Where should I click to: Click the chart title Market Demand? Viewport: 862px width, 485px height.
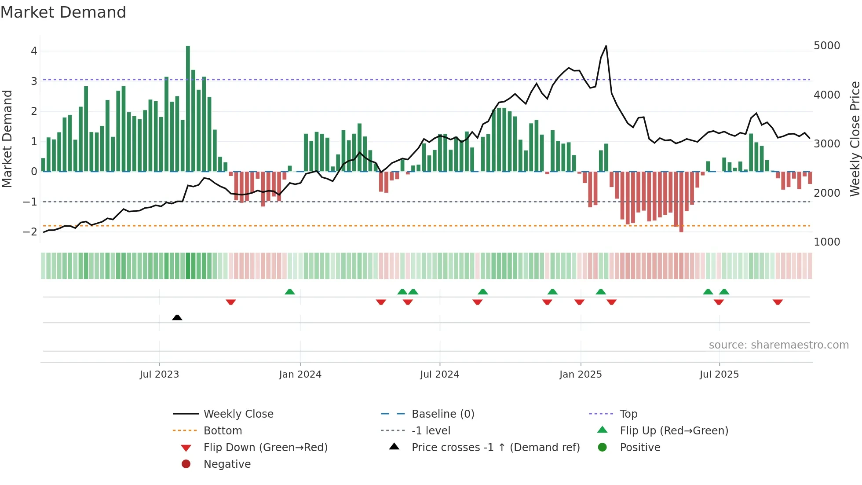point(63,12)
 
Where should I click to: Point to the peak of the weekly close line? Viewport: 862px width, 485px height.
point(606,46)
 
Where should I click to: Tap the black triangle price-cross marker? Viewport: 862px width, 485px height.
point(177,317)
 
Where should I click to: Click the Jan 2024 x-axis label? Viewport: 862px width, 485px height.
point(300,375)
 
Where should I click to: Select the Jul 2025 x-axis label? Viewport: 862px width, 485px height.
point(719,375)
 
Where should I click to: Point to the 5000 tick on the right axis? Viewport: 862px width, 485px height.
point(826,46)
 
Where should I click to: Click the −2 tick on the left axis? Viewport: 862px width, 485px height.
point(30,232)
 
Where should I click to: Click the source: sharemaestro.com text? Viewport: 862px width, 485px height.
point(778,345)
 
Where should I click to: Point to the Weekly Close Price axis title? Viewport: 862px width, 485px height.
point(855,139)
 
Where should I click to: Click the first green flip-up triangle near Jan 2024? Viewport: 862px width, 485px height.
point(289,292)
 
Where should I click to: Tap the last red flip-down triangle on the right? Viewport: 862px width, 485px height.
point(778,302)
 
